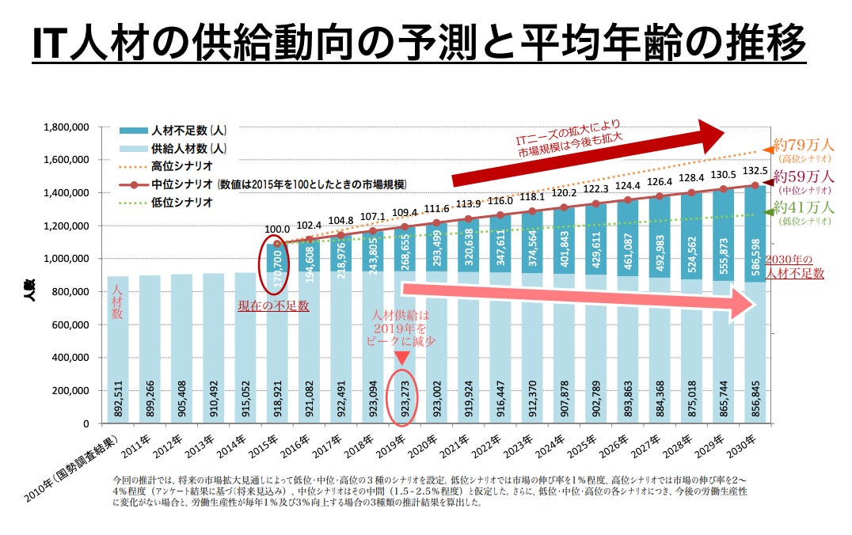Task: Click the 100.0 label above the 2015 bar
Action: (276, 230)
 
